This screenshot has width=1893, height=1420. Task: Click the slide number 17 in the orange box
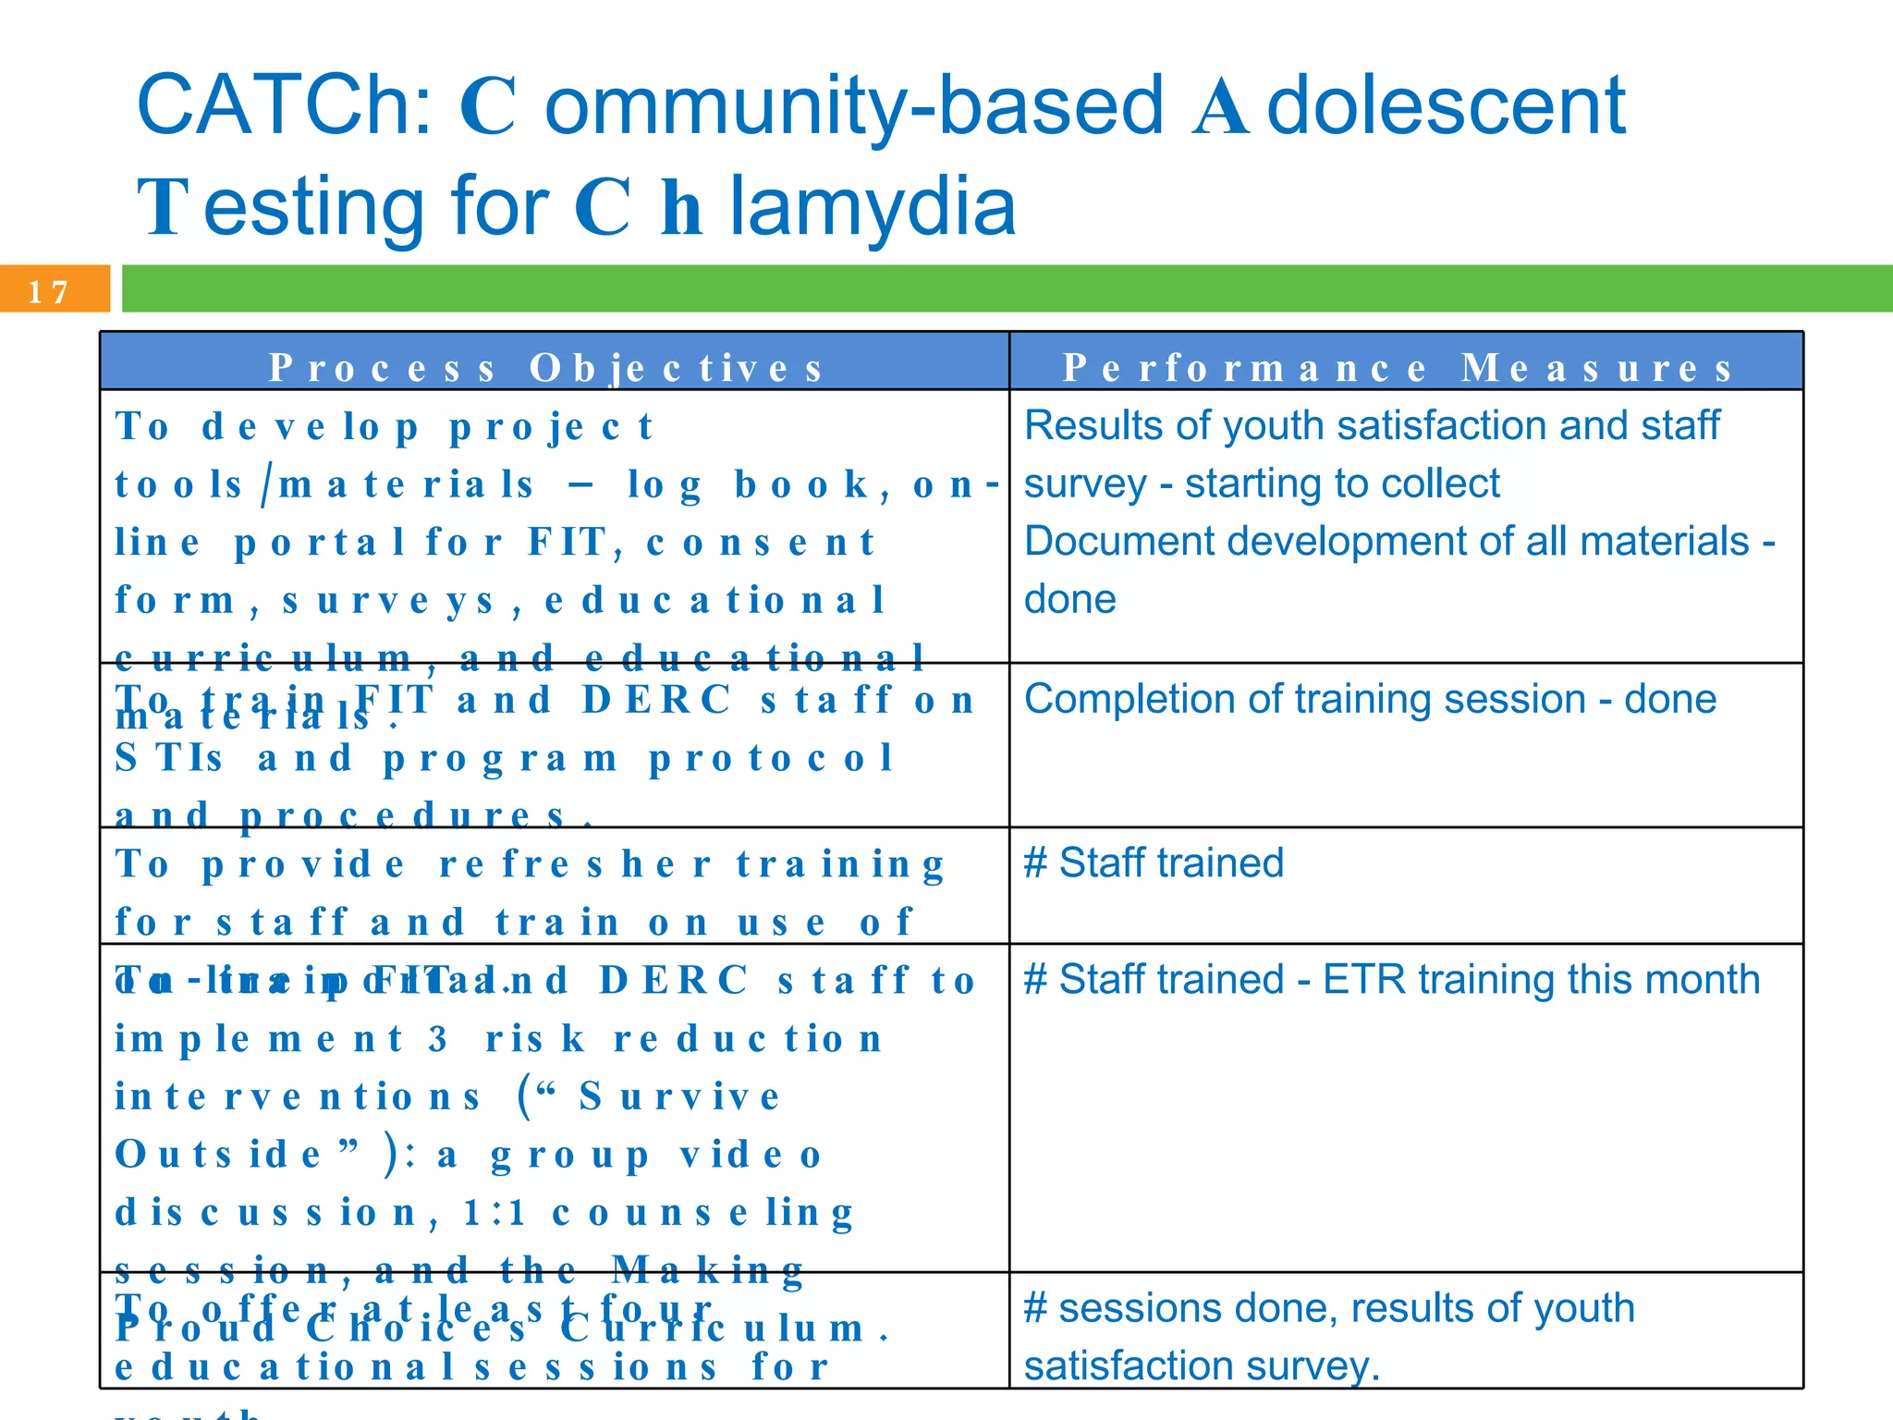(x=48, y=292)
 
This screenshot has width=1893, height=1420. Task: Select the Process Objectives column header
(x=546, y=368)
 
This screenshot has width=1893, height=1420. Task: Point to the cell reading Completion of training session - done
(x=1370, y=699)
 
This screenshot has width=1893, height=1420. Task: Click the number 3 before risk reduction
(x=437, y=1039)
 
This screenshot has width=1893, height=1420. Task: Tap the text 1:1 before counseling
(x=495, y=1213)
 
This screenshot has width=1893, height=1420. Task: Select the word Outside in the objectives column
(x=218, y=1156)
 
